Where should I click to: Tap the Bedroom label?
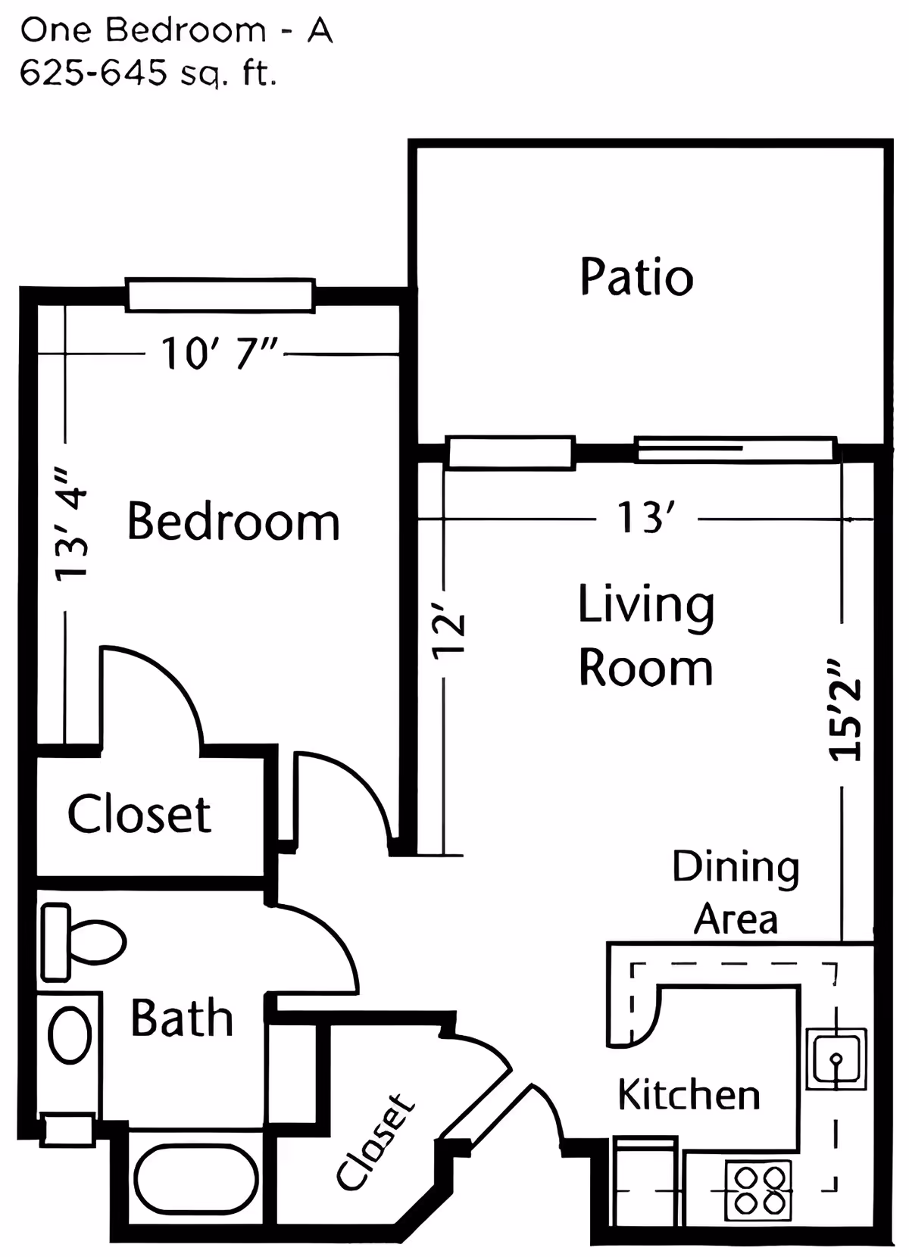(x=233, y=522)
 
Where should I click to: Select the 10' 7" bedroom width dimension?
(x=220, y=354)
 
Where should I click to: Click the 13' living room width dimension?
(x=645, y=519)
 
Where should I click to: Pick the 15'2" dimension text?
(x=845, y=709)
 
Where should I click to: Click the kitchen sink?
(x=836, y=1059)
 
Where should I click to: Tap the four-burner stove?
(x=758, y=1190)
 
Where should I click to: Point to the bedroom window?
(x=220, y=295)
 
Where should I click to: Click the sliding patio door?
(x=735, y=450)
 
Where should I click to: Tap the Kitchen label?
(x=688, y=1095)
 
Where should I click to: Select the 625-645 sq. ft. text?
(x=148, y=73)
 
